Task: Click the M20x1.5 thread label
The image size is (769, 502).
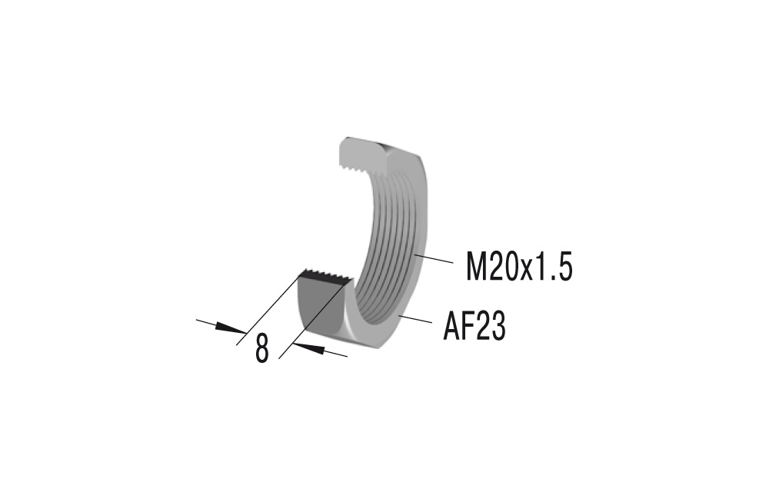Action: click(x=519, y=268)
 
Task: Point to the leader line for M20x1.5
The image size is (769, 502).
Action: click(x=434, y=259)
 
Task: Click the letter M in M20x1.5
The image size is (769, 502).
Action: click(x=479, y=268)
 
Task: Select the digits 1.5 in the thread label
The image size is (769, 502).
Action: click(x=555, y=268)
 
